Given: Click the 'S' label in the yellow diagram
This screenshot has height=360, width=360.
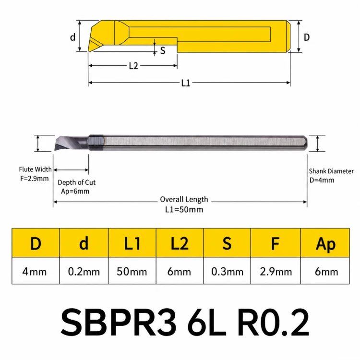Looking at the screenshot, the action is tap(163, 50).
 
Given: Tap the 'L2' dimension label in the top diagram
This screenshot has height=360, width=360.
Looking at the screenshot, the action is tap(133, 66).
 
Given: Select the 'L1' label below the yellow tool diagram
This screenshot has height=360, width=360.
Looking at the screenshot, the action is tap(186, 83).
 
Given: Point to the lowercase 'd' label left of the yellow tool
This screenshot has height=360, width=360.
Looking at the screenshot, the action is tap(73, 37).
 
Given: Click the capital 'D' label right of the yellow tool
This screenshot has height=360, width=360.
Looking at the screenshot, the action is tap(307, 37).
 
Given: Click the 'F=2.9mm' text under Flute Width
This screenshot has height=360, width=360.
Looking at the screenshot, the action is tap(35, 179).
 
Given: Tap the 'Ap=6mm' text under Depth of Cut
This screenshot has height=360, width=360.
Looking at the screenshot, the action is tap(75, 191).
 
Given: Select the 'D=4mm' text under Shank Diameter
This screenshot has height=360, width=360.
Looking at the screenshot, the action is tap(322, 180).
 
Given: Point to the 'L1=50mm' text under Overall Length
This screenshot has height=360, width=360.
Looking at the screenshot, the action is tap(184, 209).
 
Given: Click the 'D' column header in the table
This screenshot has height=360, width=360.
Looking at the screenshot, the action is tap(36, 243).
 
